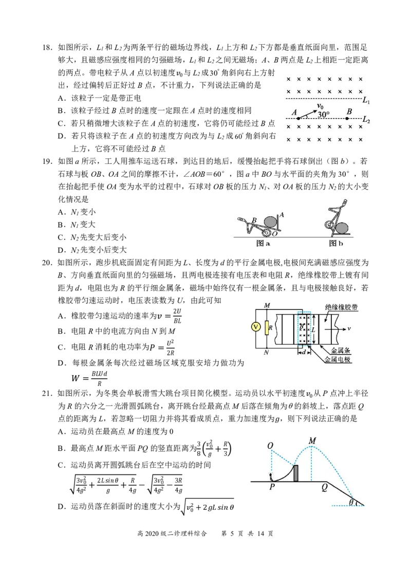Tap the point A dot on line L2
298,118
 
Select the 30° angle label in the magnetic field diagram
324,114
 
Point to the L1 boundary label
366,101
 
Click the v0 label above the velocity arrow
320,105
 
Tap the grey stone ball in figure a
271,222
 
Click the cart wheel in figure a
267,233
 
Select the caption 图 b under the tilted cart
336,244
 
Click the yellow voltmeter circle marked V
256,327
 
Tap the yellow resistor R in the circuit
267,328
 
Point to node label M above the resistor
267,305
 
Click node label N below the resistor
267,353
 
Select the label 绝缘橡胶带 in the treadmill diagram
341,307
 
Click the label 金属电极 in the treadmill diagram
338,360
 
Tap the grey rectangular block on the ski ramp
295,473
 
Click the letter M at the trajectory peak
312,441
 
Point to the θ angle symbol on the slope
351,502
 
